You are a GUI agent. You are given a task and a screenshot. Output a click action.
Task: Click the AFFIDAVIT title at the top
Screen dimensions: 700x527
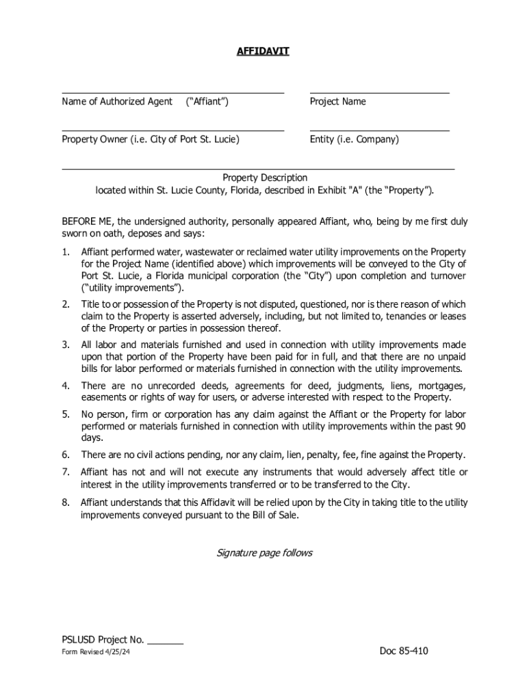click(x=263, y=51)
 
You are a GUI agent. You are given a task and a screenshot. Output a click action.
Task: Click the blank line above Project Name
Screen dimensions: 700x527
click(x=379, y=92)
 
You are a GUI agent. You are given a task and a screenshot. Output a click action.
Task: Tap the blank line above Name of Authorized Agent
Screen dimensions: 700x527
click(x=172, y=92)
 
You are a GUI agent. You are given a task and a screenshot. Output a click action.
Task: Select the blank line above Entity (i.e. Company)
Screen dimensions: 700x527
click(x=379, y=130)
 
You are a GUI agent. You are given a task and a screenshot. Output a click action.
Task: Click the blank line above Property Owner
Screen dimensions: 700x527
click(x=172, y=130)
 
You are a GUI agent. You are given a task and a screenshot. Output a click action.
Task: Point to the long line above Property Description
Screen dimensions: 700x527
click(x=258, y=168)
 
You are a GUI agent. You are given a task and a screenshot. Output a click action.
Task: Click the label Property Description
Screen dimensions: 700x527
click(x=265, y=178)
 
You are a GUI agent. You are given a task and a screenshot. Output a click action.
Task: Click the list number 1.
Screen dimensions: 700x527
click(x=65, y=251)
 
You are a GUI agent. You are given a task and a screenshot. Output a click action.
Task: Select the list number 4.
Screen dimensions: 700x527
click(x=65, y=386)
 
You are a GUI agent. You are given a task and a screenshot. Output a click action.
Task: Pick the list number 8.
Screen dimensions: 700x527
click(x=65, y=502)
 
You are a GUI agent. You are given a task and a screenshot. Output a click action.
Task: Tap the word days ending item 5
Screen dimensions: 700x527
click(x=92, y=438)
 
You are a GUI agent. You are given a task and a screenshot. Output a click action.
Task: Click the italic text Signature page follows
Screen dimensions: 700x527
click(x=264, y=552)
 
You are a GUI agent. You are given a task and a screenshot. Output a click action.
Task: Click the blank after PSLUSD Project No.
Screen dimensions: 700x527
click(x=165, y=641)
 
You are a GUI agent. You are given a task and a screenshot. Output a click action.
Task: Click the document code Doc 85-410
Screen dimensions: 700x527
click(x=404, y=651)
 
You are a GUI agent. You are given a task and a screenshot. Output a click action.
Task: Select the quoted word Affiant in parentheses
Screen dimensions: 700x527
click(x=207, y=102)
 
